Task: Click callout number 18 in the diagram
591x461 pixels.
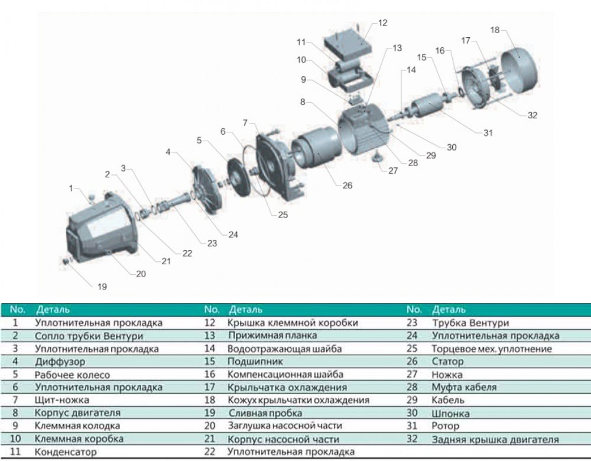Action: (495, 30)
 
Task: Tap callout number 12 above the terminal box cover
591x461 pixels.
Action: (382, 23)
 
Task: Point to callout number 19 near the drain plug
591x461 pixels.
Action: (102, 287)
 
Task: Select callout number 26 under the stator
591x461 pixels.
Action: (347, 186)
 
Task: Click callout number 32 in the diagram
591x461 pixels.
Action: (532, 115)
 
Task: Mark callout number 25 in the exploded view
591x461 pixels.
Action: (282, 215)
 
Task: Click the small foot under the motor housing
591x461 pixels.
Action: (377, 158)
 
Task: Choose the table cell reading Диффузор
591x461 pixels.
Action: (60, 361)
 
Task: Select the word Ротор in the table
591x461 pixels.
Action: (446, 426)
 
